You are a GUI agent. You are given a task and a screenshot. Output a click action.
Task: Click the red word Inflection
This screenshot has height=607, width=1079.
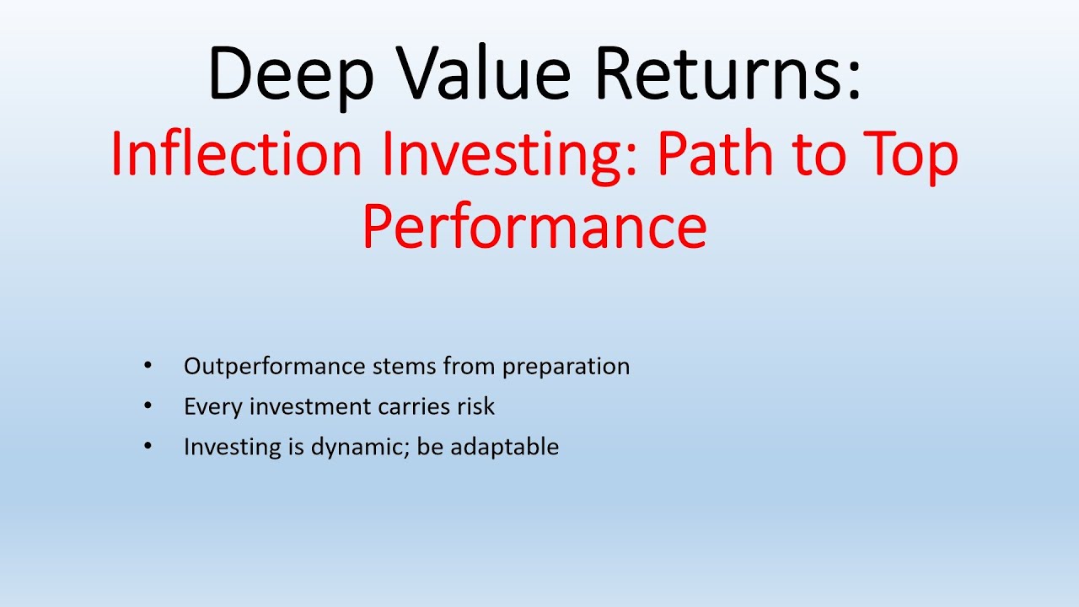pyautogui.click(x=236, y=154)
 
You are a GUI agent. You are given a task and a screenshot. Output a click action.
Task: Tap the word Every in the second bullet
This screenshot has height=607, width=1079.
pyautogui.click(x=207, y=406)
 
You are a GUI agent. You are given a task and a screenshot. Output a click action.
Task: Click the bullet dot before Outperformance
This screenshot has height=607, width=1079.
pyautogui.click(x=148, y=367)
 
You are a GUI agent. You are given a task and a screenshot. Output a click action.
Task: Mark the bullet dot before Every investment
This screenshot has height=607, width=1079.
pyautogui.click(x=148, y=406)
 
